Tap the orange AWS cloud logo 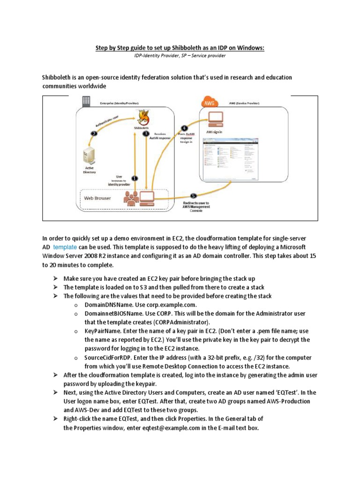click(209, 102)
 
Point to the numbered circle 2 click(94, 133)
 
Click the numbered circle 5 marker click(194, 195)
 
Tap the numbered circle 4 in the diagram click(184, 128)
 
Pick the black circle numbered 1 click(135, 178)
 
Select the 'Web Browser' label click(97, 198)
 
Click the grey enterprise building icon click(86, 101)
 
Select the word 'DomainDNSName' click(106, 305)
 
